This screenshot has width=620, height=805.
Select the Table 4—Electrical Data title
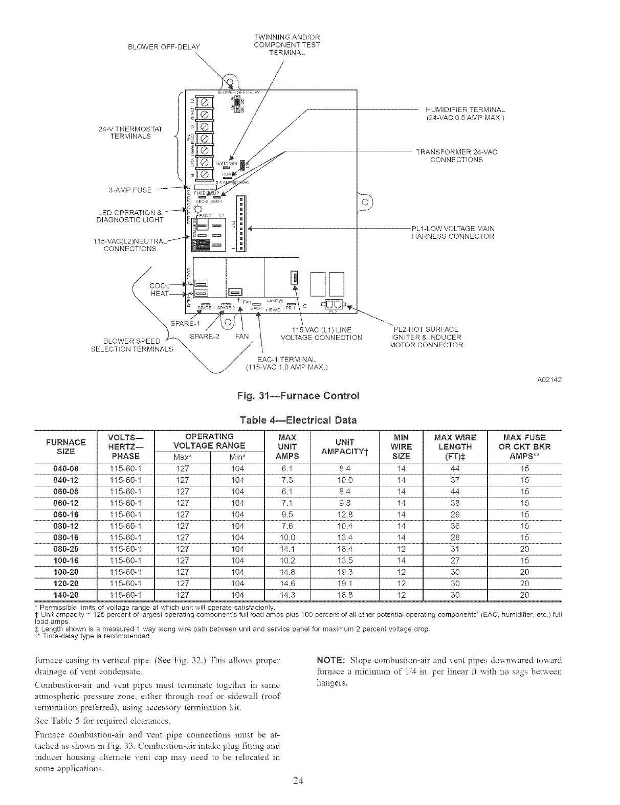click(298, 420)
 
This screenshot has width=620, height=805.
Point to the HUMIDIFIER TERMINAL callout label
click(465, 114)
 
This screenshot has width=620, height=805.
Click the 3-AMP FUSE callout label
click(130, 190)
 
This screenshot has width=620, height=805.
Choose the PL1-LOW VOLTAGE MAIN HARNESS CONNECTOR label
click(453, 232)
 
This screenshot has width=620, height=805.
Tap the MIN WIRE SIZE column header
click(401, 446)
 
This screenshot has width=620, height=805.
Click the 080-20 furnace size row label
click(65, 549)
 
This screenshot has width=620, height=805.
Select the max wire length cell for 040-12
click(455, 480)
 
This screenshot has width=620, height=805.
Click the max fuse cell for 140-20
click(524, 595)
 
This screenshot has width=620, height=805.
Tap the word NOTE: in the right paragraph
click(335, 660)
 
